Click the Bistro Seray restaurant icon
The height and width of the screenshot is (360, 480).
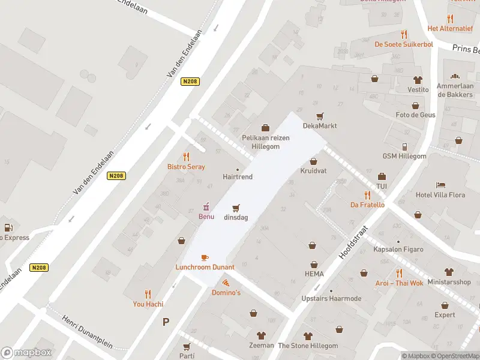tap(186, 157)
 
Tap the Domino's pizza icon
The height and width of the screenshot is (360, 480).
tap(226, 283)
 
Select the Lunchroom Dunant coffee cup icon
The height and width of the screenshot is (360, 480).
tap(205, 257)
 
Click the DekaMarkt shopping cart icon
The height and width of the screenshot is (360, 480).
tap(320, 116)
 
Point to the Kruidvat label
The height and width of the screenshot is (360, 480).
tap(313, 171)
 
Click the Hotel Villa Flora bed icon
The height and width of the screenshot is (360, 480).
tap(441, 185)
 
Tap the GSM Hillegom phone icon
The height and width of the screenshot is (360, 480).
tap(404, 146)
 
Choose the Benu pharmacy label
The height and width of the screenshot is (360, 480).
tap(206, 217)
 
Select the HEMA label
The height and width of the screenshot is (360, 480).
tap(313, 274)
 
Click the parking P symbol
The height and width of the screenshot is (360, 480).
tap(166, 322)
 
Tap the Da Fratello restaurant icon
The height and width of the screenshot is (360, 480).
tap(367, 195)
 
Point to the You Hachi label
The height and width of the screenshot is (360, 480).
tap(148, 304)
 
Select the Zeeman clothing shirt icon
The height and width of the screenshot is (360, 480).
tap(261, 335)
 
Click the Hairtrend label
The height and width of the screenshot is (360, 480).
tap(238, 177)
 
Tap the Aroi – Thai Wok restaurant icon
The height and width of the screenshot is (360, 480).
tap(399, 273)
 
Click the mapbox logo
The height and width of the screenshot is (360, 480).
tap(26, 353)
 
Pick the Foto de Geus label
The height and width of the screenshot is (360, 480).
tap(415, 115)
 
